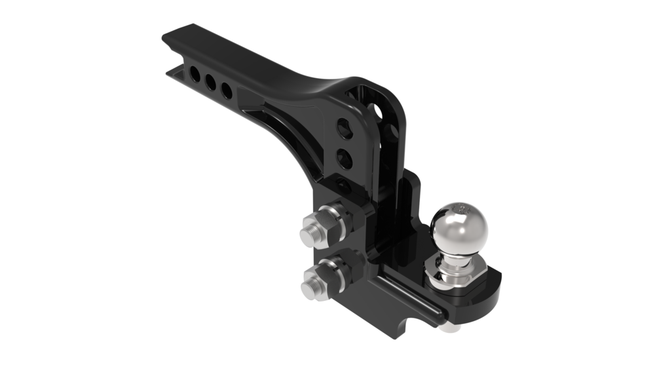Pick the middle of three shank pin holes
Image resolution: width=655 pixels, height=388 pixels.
[x=211, y=81]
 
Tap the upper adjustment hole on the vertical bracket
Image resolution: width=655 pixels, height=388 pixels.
[x=344, y=128]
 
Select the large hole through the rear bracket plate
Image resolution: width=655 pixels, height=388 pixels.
[x=377, y=106]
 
